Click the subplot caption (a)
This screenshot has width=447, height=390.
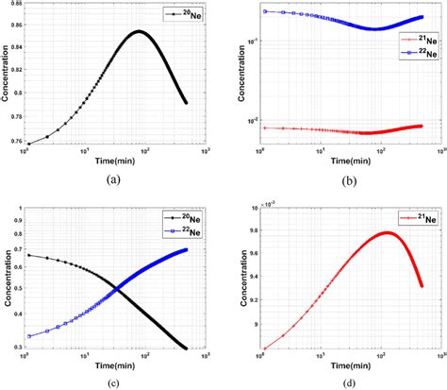tap(114, 178)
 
